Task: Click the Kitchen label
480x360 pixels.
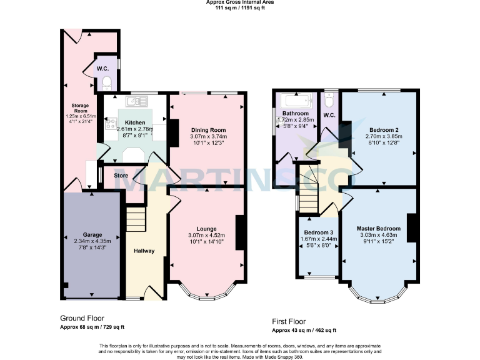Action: pos(135,122)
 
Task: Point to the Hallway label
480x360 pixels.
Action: pos(144,251)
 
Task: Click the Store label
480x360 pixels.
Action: pos(121,176)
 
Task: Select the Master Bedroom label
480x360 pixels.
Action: pos(377,229)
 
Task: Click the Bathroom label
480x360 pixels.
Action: pos(295,113)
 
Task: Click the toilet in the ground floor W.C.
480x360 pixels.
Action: pos(107,81)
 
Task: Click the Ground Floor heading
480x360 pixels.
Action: pos(82,317)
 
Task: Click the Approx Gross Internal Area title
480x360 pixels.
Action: pos(240,2)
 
